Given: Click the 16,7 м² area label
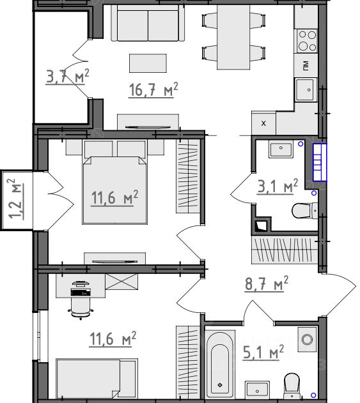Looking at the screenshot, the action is tap(153, 90).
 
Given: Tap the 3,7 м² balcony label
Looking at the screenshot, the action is tap(68, 77).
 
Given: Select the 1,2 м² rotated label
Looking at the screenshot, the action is tap(15, 199).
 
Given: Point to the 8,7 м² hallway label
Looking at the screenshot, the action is tap(267, 284).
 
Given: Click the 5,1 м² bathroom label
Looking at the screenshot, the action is tap(263, 353).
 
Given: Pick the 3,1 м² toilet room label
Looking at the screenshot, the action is tap(278, 186).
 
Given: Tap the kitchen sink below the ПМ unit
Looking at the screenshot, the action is tap(306, 90).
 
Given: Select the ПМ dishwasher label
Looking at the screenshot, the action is tap(306, 65).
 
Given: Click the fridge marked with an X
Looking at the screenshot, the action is tap(263, 123).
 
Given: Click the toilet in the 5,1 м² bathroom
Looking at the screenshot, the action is tap(292, 386).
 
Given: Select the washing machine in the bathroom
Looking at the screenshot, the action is tap(308, 339).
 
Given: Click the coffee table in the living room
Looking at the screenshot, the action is tap(148, 63).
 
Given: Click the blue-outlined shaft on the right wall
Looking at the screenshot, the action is tap(320, 162).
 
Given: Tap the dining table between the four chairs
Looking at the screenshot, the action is tap(233, 37).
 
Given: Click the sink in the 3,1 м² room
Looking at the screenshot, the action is tap(281, 149).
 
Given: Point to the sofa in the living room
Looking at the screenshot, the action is tap(148, 23).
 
